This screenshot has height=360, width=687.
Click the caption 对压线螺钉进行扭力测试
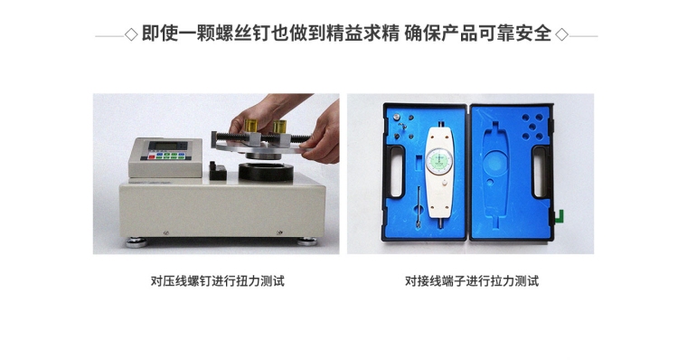pos(217,280)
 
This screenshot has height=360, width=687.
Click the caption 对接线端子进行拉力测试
pos(472,280)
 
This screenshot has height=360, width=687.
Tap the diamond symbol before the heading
pos(131,34)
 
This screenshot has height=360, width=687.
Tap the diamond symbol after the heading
pos(561,34)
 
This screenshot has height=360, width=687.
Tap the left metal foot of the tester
pos(137,242)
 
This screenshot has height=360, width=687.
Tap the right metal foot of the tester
pos(306,242)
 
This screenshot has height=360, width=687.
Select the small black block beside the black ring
pos(218,171)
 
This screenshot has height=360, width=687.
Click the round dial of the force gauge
pos(438,159)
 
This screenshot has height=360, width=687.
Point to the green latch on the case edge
pos(559,216)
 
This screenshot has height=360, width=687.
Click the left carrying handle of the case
pos(397,172)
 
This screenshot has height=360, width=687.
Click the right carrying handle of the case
pos(540,172)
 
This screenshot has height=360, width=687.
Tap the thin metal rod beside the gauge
pos(419,206)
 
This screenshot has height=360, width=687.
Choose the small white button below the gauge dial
pos(444,185)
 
